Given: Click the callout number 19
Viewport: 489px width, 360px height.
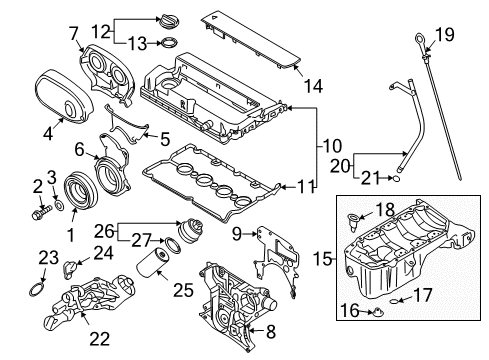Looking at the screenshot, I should pyautogui.click(x=443, y=36).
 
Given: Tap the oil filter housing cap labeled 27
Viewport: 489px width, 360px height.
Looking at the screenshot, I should pyautogui.click(x=186, y=243).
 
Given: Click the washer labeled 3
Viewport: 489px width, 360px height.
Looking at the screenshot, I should pyautogui.click(x=58, y=205).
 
